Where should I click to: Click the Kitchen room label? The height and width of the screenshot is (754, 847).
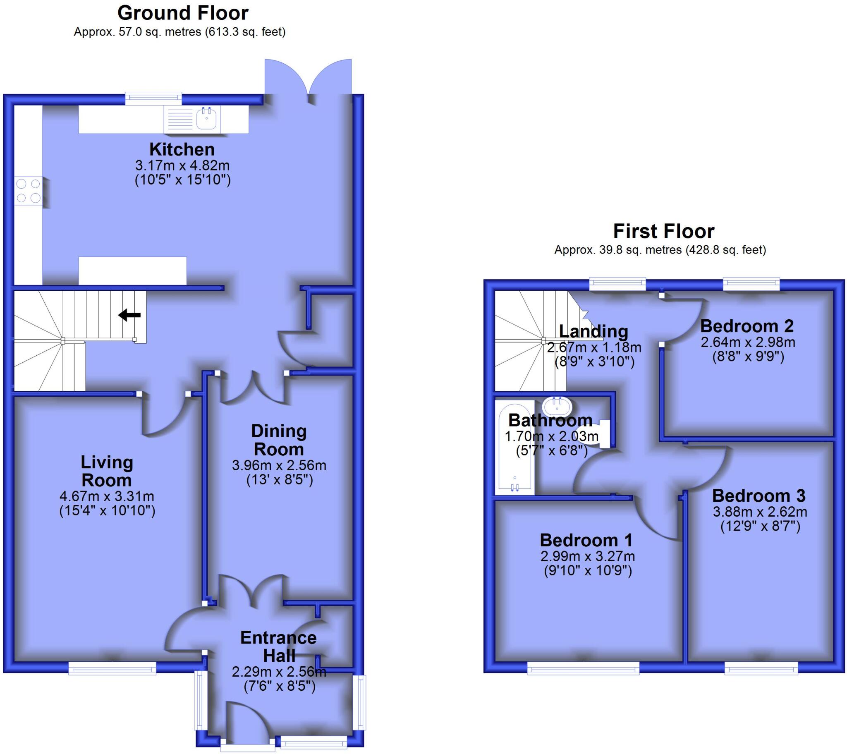pos(182,150)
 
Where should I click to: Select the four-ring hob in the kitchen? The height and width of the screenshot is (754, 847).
pos(28,191)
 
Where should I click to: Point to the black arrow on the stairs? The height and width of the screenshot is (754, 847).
pos(129,315)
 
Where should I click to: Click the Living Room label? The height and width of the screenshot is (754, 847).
pos(107,472)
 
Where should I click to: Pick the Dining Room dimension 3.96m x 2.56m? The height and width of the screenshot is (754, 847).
pos(279,465)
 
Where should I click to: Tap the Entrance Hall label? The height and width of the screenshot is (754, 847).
pos(279,646)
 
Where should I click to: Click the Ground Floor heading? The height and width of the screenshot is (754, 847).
pos(183,13)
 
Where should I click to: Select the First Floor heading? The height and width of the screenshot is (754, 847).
pos(663,231)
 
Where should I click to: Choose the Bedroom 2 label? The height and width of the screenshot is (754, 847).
pos(747,326)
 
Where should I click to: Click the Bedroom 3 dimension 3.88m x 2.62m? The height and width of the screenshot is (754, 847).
pos(760,512)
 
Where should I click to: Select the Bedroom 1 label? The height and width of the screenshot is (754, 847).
pos(586,541)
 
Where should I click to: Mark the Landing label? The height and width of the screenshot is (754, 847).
pos(593,332)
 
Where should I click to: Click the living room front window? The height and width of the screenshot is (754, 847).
pos(112,668)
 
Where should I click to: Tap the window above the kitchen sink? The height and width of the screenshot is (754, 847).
pos(154,98)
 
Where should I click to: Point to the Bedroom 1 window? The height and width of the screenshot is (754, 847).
pos(584,668)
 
